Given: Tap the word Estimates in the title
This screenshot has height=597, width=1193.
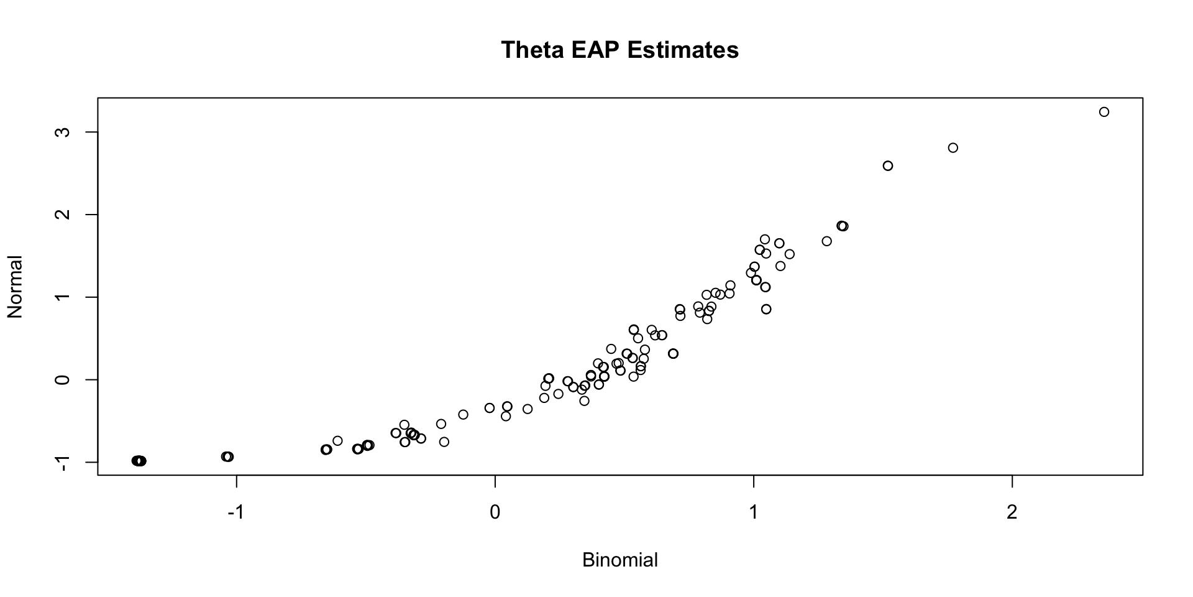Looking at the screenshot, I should pyautogui.click(x=683, y=50).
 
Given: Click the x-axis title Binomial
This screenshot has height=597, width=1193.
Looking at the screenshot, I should pyautogui.click(x=619, y=560).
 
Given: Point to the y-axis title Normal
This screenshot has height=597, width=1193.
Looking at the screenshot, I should pyautogui.click(x=15, y=287).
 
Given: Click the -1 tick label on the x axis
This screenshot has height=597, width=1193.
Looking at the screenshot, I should pyautogui.click(x=235, y=513).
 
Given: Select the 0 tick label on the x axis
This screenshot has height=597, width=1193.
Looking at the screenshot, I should pyautogui.click(x=495, y=513).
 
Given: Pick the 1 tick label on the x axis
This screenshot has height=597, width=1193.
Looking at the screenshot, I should pyautogui.click(x=753, y=513).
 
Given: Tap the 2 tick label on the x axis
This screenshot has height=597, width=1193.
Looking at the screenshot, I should pyautogui.click(x=1012, y=513).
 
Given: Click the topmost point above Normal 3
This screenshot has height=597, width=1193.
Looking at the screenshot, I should pyautogui.click(x=1104, y=112).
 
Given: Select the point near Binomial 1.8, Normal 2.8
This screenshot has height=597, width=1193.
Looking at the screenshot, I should pyautogui.click(x=953, y=148).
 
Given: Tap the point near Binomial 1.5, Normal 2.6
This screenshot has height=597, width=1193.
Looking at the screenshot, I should pyautogui.click(x=888, y=165).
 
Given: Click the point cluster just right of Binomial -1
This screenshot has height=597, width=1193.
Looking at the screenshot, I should pyautogui.click(x=227, y=456).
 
